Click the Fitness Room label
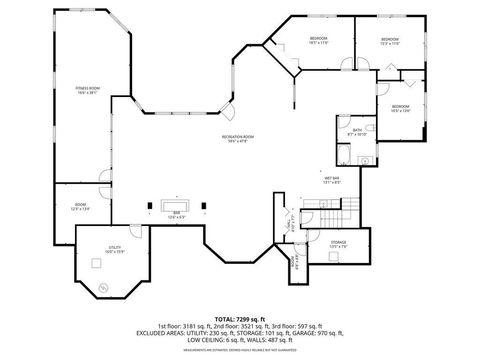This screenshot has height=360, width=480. pyautogui.click(x=88, y=90)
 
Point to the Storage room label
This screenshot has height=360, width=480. pyautogui.click(x=339, y=243)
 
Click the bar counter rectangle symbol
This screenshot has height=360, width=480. pyautogui.click(x=176, y=205)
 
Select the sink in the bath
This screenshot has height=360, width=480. pyautogui.click(x=365, y=160)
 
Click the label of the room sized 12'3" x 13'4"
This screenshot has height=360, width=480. pyautogui.click(x=80, y=208)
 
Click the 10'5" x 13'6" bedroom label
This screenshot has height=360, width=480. pyautogui.click(x=400, y=108)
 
